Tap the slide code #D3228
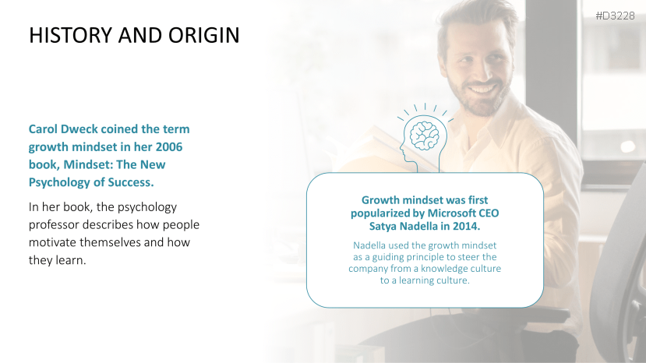(x=615, y=16)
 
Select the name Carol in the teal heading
(x=43, y=129)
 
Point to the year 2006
(x=169, y=146)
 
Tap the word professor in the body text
(x=54, y=225)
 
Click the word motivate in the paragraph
(x=52, y=242)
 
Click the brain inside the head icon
(x=425, y=136)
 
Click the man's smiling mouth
(x=483, y=89)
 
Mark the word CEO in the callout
(x=489, y=213)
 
